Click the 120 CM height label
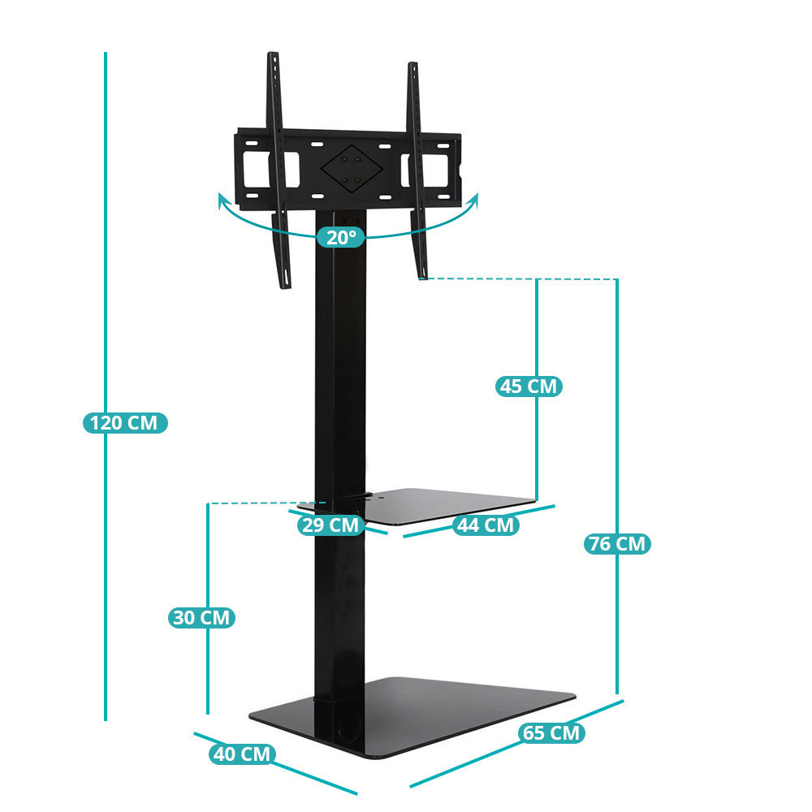pos(125,422)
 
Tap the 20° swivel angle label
pos(341,237)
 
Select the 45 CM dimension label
pos(529,387)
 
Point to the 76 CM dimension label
pos(617,544)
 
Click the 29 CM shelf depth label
pos(330,525)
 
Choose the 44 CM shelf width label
pos(486,525)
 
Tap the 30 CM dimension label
pos(201,617)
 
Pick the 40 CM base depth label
pos(242,754)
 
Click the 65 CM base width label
pos(551,732)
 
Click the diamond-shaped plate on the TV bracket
pos(352,168)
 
